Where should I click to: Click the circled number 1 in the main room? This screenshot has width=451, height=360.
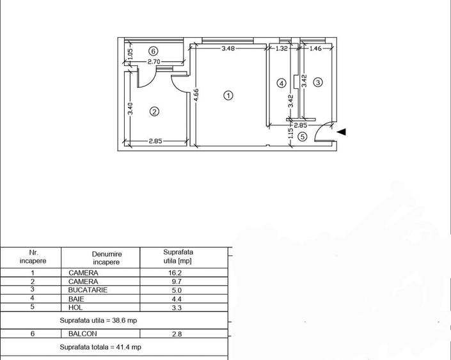pyautogui.click(x=228, y=95)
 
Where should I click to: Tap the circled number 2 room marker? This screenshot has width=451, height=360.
pyautogui.click(x=154, y=111)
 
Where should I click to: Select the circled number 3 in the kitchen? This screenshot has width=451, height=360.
pyautogui.click(x=318, y=82)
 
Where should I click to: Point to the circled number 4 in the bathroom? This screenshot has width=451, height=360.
pyautogui.click(x=281, y=83)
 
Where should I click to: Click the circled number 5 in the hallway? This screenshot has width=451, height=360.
pyautogui.click(x=303, y=136)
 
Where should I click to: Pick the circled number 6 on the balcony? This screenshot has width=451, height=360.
pyautogui.click(x=153, y=51)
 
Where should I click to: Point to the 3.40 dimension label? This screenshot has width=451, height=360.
pyautogui.click(x=131, y=109)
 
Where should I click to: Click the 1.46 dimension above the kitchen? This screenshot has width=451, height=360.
pyautogui.click(x=315, y=48)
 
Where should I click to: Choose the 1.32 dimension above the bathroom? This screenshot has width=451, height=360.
pyautogui.click(x=282, y=48)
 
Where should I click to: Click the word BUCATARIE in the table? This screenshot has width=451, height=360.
pyautogui.click(x=88, y=290)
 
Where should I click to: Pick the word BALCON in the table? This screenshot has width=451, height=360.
pyautogui.click(x=83, y=334)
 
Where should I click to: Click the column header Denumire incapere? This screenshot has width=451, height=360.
pyautogui.click(x=106, y=258)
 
